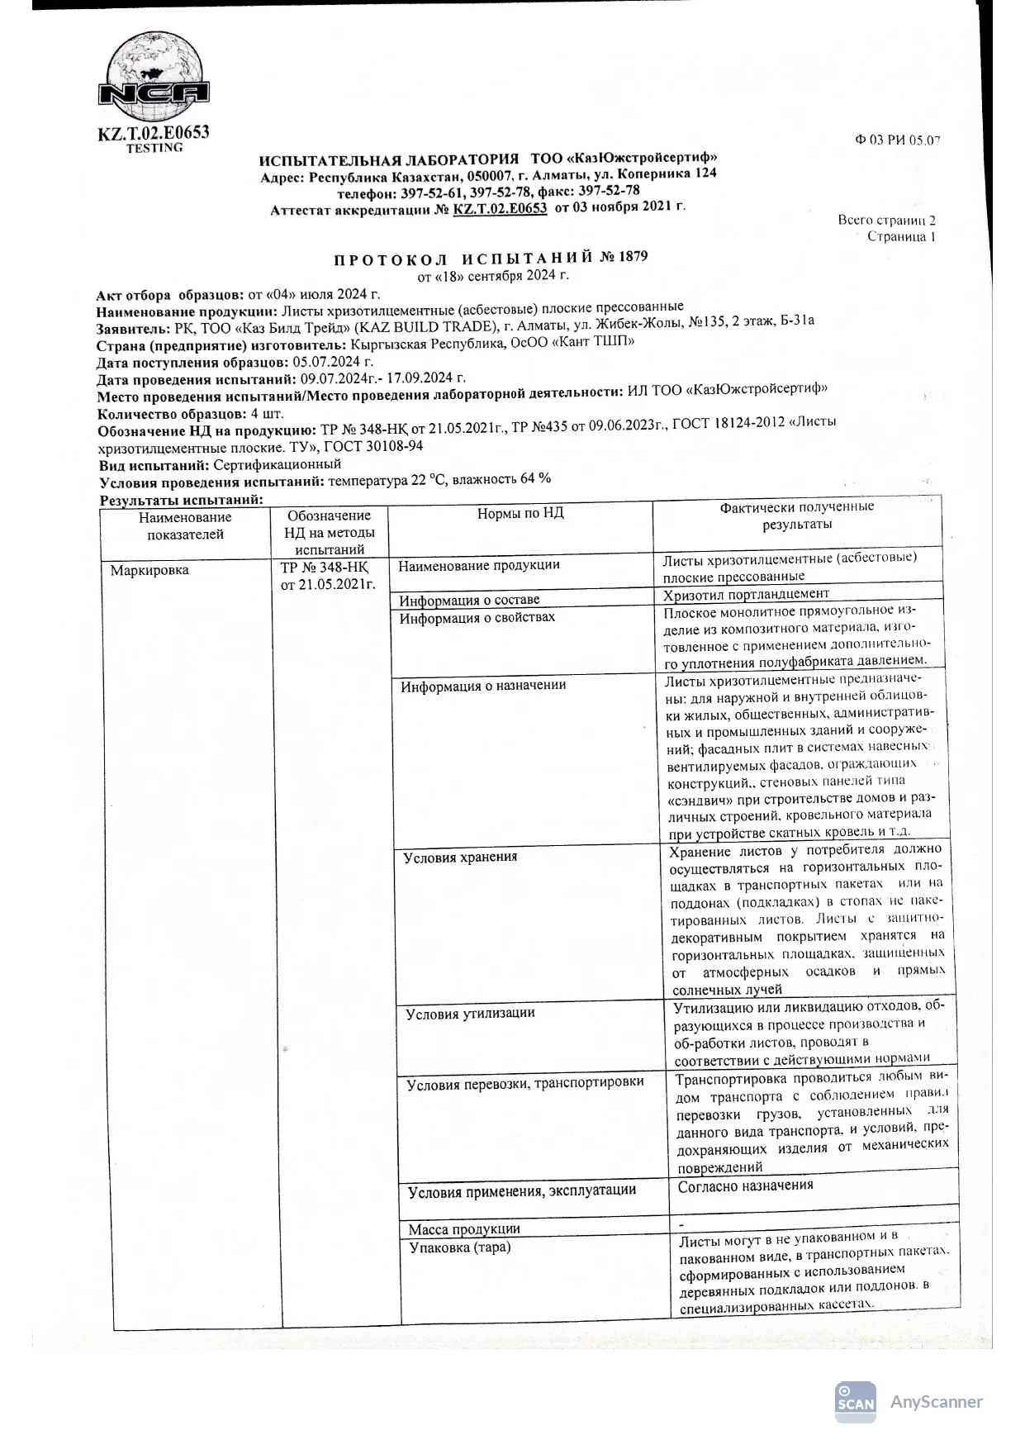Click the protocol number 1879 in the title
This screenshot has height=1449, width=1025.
point(633,257)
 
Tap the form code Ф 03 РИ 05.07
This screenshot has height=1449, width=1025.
point(897,140)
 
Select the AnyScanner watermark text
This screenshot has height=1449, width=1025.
point(936,1402)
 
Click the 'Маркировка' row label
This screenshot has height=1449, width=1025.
point(149,571)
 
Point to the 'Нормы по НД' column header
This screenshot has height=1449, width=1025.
point(520,514)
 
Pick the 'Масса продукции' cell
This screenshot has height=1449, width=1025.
point(465,1229)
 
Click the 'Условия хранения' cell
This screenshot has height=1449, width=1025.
point(461,858)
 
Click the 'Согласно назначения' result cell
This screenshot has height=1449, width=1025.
point(746,1185)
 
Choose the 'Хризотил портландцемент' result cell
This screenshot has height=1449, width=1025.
point(747,594)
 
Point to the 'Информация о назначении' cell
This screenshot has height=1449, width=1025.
point(483,686)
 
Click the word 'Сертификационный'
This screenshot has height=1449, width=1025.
point(278,465)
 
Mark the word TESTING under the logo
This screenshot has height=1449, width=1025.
point(154,148)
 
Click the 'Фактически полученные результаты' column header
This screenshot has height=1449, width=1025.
point(796,515)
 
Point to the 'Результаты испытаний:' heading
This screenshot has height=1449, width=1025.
point(181,500)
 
